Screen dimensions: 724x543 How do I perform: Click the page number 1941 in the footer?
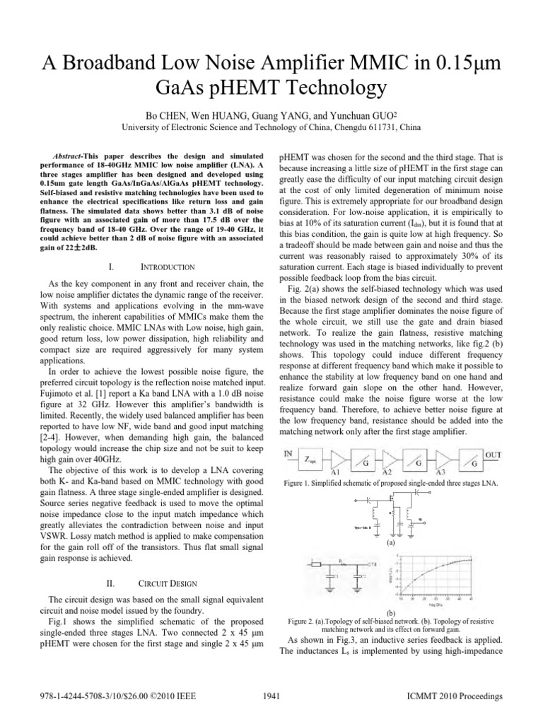pos(271,696)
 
